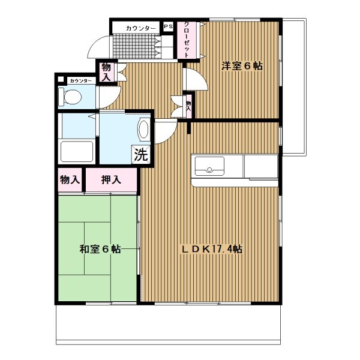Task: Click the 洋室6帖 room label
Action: coord(242,66)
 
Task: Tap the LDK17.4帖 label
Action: coord(212,249)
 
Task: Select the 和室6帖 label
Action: coord(100,249)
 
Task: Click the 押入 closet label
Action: coord(111,179)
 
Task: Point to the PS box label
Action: coord(168,26)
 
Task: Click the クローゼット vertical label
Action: coord(187,40)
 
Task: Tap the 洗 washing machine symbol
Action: coord(141,155)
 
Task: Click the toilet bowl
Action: coord(70,97)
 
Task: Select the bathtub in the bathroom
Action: coord(77,152)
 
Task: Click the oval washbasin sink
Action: coord(144,129)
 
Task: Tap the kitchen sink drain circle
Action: coord(209,170)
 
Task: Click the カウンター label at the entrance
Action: coord(141,28)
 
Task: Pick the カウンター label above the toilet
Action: coord(81,81)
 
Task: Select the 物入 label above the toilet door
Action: coord(106,72)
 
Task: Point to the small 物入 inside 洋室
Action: coord(189,106)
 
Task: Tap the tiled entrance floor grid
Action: coord(134,47)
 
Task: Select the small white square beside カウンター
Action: coord(61,79)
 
